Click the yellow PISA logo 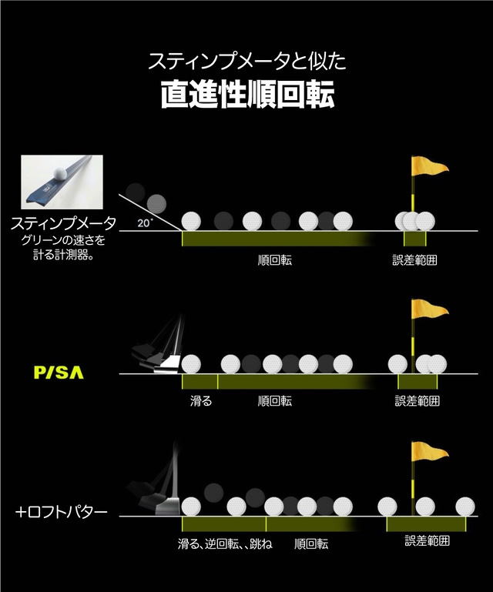(x=59, y=373)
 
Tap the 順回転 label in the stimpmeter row (x=274, y=260)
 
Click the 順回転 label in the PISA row (x=274, y=401)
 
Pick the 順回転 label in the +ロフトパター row (x=311, y=544)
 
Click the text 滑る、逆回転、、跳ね (x=225, y=544)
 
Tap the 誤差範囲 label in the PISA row (x=417, y=401)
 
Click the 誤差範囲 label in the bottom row (x=428, y=541)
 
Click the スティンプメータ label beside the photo (x=63, y=224)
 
